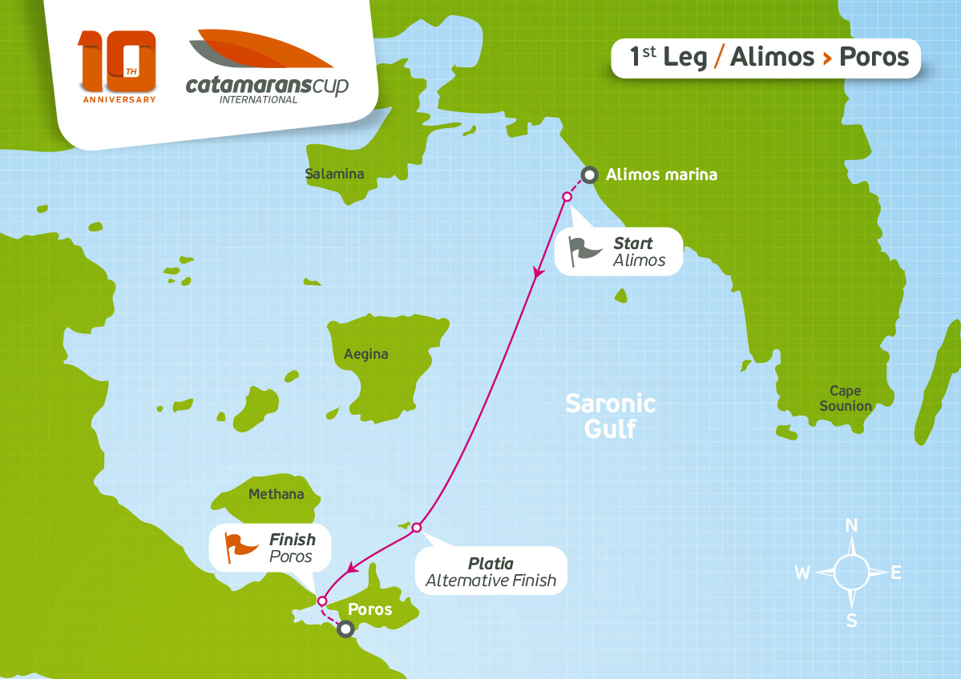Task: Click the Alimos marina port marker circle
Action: point(589,175)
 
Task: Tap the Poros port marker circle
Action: point(345,629)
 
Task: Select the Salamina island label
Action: point(334,174)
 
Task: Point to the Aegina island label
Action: point(365,354)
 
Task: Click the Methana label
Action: point(277,494)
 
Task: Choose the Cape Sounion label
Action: point(845,399)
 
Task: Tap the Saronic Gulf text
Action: point(610,416)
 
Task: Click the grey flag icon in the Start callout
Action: point(584,250)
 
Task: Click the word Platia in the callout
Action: point(491,564)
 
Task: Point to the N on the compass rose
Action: point(852,526)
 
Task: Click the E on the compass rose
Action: point(897,573)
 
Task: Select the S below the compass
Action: point(852,621)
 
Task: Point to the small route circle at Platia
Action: point(416,527)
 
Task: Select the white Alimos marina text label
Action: point(661,174)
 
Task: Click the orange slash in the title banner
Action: point(719,58)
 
